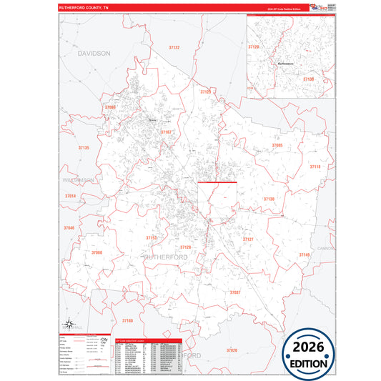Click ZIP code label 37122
[x=174, y=47]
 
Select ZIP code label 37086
[x=110, y=107]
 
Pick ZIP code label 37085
[x=277, y=145]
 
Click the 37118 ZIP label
[x=315, y=166]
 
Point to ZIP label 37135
[x=84, y=147]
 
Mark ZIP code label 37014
[x=70, y=195]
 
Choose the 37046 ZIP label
[x=69, y=227]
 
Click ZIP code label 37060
[x=97, y=252]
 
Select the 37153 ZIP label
[x=152, y=237]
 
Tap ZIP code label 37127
[x=248, y=239]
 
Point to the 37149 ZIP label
[x=305, y=254]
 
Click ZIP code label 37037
[x=235, y=292]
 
